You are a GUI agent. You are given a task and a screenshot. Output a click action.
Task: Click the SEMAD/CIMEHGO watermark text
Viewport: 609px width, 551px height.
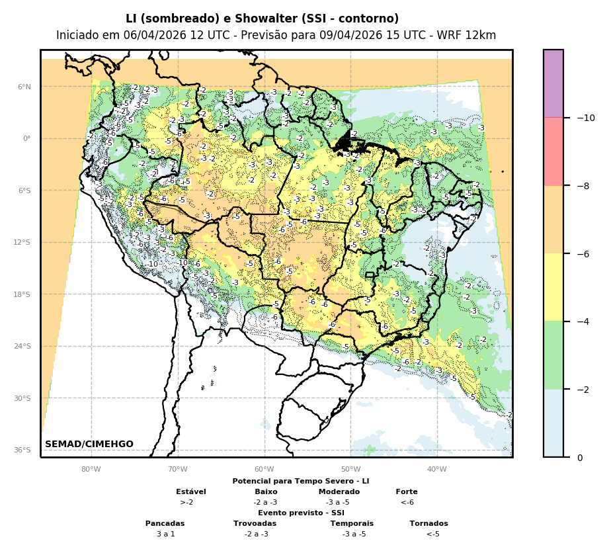pos(89,444)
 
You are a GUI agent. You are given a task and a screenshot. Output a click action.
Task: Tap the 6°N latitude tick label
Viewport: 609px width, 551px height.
pos(24,87)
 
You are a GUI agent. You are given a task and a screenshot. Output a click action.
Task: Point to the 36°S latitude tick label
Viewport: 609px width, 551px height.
pos(22,450)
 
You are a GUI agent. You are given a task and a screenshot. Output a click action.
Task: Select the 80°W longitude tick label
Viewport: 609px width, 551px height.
pos(91,470)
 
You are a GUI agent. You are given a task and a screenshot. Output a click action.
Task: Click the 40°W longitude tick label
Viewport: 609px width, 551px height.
pos(437,470)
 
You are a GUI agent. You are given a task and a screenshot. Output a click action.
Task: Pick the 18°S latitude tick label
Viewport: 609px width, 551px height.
pos(22,294)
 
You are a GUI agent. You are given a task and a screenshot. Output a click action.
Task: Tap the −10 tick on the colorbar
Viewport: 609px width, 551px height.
pos(585,118)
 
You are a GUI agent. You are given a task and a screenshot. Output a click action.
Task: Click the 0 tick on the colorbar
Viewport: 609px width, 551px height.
pos(580,458)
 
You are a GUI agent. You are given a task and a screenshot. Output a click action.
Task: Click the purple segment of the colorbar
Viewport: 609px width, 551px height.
pos(553,83)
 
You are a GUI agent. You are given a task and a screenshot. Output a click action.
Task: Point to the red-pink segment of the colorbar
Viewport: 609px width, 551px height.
pos(553,151)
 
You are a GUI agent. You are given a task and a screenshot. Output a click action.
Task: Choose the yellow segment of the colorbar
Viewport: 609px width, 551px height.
pos(553,287)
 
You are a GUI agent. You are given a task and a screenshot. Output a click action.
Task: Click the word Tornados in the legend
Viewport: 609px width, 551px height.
pos(428,523)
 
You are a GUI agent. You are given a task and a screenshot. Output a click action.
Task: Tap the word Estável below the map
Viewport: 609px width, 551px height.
pos(191,491)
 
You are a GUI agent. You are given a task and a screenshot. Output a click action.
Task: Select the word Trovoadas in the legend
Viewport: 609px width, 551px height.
pos(255,523)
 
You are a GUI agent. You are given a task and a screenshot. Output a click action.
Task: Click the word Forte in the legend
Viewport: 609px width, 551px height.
pos(407,491)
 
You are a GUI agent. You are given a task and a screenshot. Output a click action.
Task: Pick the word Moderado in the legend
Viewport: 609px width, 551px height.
pos(339,491)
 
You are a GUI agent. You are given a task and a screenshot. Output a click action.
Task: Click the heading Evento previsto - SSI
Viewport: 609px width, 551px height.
pos(301,513)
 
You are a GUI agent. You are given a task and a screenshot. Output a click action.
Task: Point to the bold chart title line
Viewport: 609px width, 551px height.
pos(263,19)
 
